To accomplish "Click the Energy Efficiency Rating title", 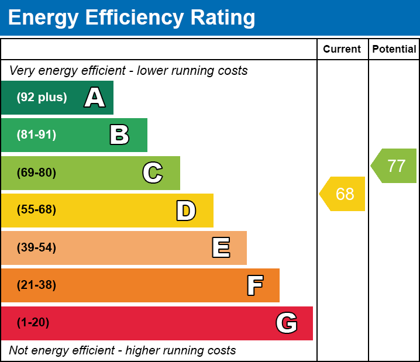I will (132, 18).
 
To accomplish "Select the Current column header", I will (342, 50).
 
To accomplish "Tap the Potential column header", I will (394, 50).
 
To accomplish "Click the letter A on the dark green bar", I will (95, 98).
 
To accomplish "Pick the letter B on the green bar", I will (119, 135).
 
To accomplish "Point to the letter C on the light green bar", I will (153, 173).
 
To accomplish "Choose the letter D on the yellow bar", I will (186, 211).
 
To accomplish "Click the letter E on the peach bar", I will (221, 248).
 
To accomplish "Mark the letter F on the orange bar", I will (254, 285).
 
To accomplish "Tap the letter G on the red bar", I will (287, 323).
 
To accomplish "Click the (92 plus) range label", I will (42, 98).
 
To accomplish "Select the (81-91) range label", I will (36, 135).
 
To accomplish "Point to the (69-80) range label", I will (36, 173).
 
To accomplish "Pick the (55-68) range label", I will (36, 211).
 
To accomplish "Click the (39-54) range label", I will (36, 248).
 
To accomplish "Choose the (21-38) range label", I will (36, 285).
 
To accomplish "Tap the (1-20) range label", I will (33, 323).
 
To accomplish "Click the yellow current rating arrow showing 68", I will (343, 194).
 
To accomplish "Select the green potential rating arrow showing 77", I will (395, 166).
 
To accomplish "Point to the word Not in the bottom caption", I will (19, 351).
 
